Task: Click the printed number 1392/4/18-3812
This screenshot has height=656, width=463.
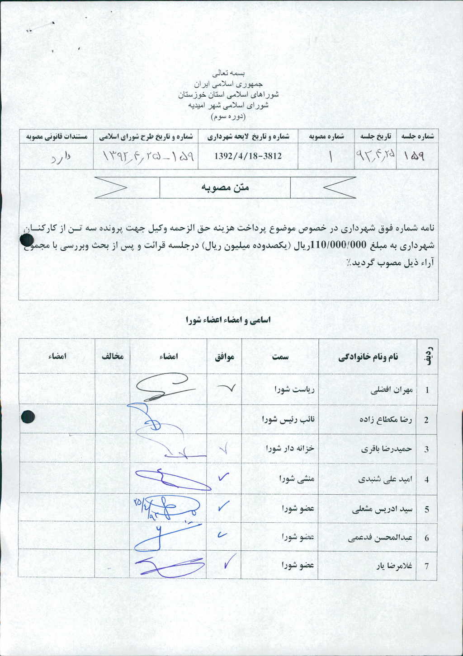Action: pyautogui.click(x=248, y=156)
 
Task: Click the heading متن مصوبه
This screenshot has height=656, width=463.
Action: pyautogui.click(x=225, y=187)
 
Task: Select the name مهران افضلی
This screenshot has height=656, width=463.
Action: pyautogui.click(x=392, y=389)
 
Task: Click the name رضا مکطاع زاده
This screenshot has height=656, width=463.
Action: pyautogui.click(x=386, y=419)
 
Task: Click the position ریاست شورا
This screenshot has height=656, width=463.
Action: pyautogui.click(x=294, y=389)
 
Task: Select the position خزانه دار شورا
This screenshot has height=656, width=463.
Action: pyautogui.click(x=290, y=449)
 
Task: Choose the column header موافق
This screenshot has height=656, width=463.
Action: pyautogui.click(x=224, y=356)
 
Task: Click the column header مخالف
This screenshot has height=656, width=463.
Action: pyautogui.click(x=112, y=356)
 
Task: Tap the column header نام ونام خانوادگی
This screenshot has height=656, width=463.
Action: pyautogui.click(x=369, y=357)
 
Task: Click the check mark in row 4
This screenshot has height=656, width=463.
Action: pyautogui.click(x=223, y=477)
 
